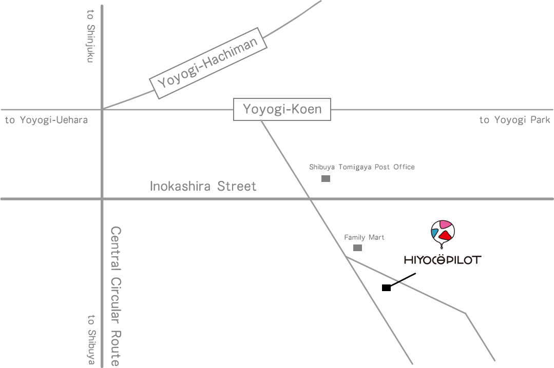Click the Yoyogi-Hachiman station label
click(x=208, y=64)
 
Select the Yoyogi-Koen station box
click(x=282, y=109)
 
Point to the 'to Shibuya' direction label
click(x=91, y=340)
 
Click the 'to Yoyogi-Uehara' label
click(x=46, y=120)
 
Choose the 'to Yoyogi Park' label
click(x=514, y=120)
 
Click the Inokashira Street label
click(x=203, y=186)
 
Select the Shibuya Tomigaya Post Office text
click(x=361, y=167)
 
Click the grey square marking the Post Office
click(x=326, y=178)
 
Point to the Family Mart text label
click(x=364, y=237)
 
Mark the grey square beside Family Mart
click(x=357, y=248)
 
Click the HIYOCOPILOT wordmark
click(x=443, y=260)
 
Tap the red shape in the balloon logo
click(x=445, y=235)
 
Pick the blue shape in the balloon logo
click(x=435, y=234)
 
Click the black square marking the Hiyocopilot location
click(x=386, y=288)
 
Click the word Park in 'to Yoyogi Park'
click(x=540, y=120)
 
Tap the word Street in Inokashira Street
click(x=236, y=186)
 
